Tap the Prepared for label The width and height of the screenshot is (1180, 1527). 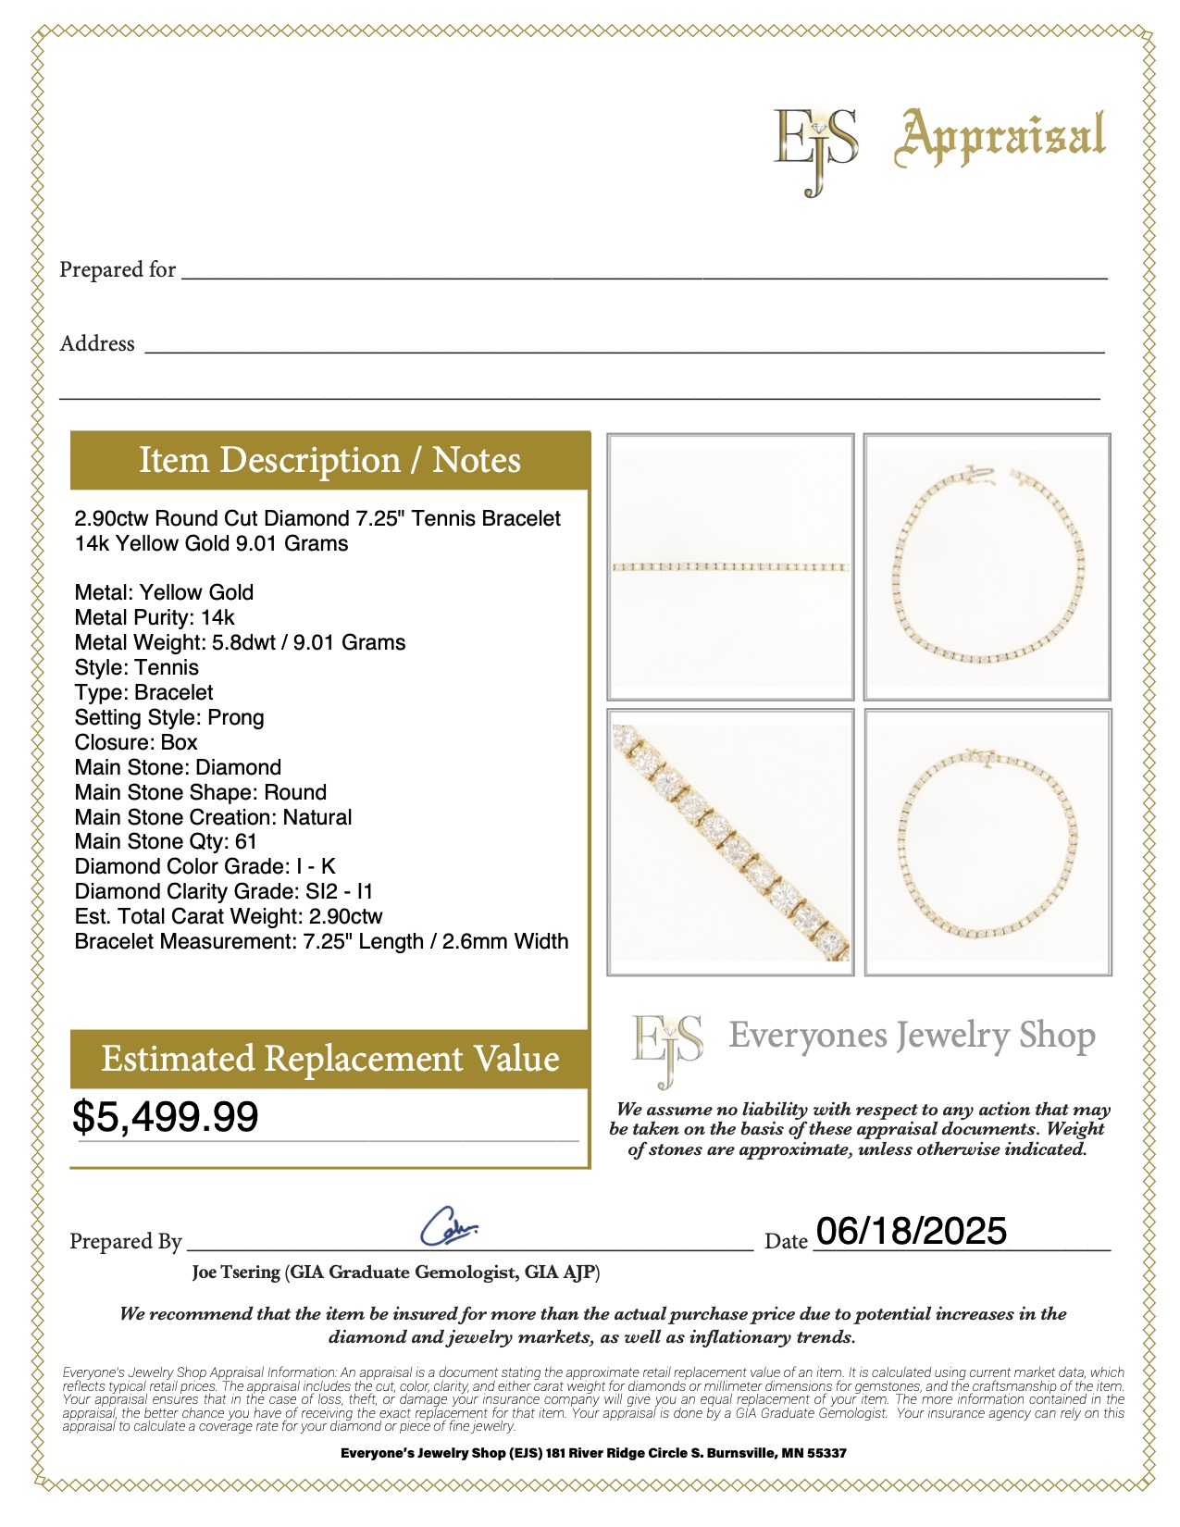point(118,270)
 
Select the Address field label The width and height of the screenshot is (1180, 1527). point(97,344)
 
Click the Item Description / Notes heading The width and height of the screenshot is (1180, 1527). point(329,461)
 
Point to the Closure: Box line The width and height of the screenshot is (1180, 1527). point(136,742)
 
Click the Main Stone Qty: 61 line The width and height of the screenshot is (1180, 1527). point(166,841)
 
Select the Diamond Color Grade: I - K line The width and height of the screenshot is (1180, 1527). point(205,866)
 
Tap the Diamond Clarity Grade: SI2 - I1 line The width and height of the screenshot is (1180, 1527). point(223,891)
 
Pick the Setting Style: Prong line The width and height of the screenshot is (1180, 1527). point(169,717)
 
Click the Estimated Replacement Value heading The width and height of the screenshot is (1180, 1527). point(329,1059)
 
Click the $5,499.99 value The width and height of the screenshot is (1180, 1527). point(166,1116)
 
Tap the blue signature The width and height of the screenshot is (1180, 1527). point(449,1226)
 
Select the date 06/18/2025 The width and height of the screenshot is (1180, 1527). point(912,1231)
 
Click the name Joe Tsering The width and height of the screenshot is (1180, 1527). point(236,1272)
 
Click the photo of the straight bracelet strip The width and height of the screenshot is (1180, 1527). point(730,566)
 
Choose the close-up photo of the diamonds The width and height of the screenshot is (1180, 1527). point(730,842)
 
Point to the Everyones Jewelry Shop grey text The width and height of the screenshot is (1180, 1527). point(912,1036)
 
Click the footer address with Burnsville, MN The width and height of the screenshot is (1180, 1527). point(593,1453)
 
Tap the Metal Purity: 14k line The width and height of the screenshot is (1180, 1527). point(155,617)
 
